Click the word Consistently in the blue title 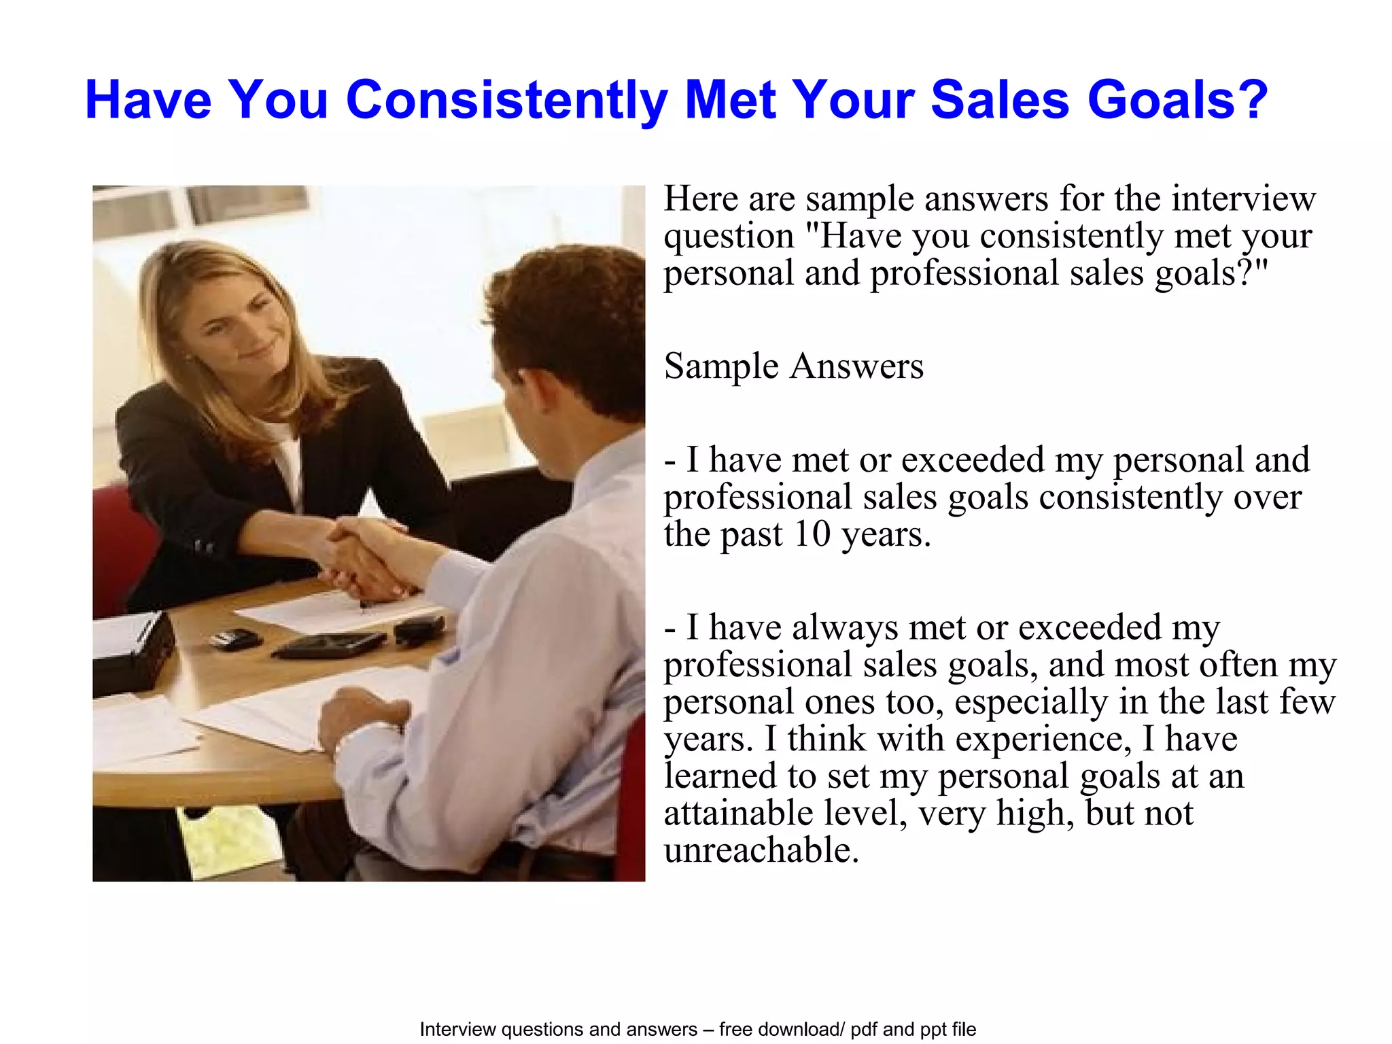click(x=506, y=101)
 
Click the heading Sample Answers click(x=793, y=366)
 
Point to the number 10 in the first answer click(x=812, y=534)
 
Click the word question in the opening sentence click(x=729, y=237)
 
